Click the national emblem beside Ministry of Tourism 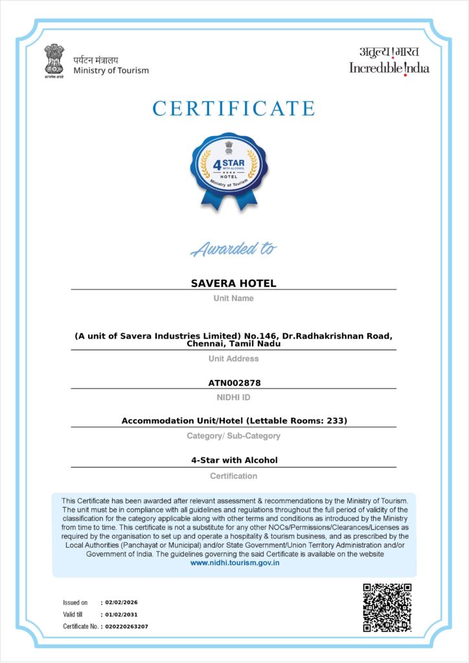55,61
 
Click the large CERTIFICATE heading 234,108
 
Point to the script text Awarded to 234,249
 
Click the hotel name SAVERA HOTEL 233,284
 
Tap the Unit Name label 233,298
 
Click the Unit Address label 233,359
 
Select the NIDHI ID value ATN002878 234,383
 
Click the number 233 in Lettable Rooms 337,421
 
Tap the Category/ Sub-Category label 233,436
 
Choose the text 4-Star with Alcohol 234,460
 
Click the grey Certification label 233,476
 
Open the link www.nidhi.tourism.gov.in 234,563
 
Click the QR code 387,607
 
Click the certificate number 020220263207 126,627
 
